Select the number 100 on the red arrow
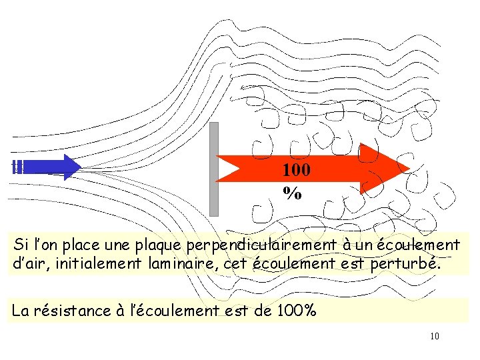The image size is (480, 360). coord(295,170)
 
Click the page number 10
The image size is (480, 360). coord(434,336)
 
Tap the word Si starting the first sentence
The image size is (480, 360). coord(20,245)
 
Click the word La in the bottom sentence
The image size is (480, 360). coord(20,310)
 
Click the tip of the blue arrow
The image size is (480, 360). coord(79,167)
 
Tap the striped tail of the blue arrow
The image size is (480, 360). coord(18,167)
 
